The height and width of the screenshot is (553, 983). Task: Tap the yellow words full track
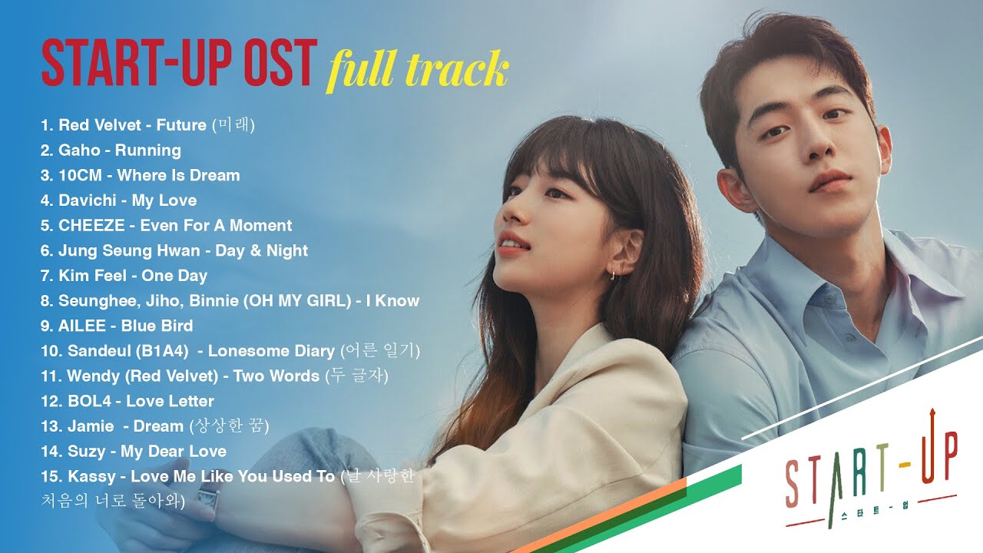tap(418, 70)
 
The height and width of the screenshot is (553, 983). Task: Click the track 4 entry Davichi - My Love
tap(118, 200)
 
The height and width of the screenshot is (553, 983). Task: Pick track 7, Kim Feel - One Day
tap(124, 276)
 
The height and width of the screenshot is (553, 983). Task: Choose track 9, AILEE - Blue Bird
tap(117, 326)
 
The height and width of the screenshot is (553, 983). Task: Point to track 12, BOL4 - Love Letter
tap(127, 401)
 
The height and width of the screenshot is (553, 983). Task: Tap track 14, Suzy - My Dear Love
tap(134, 451)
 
